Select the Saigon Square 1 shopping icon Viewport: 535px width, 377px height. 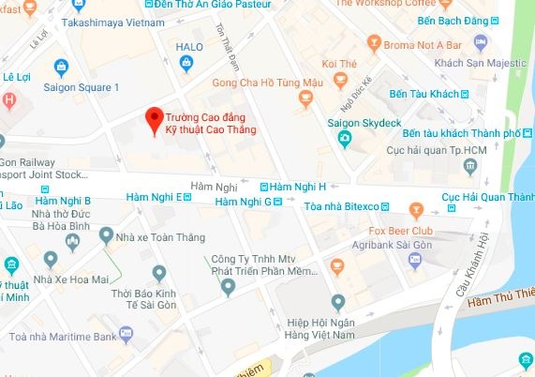point(63,67)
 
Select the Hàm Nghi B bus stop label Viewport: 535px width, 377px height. point(61,200)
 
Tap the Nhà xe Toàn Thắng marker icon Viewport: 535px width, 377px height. point(107,235)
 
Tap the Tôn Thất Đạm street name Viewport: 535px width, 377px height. point(230,46)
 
